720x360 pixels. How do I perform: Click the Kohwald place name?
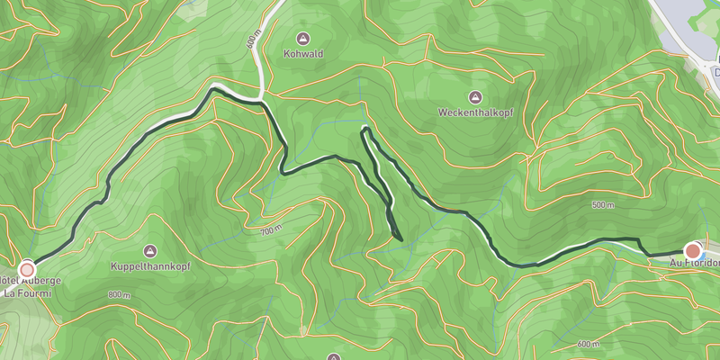pos(302,54)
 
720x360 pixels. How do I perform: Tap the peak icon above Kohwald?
pos(302,39)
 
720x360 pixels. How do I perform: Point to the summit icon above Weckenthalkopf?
pos(473,97)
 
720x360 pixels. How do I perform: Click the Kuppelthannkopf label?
pos(149,266)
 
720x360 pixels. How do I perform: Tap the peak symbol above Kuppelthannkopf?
pos(150,250)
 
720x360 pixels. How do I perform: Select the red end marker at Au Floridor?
pos(693,250)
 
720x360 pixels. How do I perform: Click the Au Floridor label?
pos(695,265)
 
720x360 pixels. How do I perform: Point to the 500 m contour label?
pos(604,205)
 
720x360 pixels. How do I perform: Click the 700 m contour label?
pos(272,231)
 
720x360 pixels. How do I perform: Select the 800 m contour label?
pos(119,295)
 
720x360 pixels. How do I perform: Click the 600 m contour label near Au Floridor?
pos(589,345)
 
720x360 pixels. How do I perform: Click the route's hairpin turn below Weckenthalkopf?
pos(364,131)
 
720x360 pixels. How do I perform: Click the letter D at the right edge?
pos(715,72)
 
